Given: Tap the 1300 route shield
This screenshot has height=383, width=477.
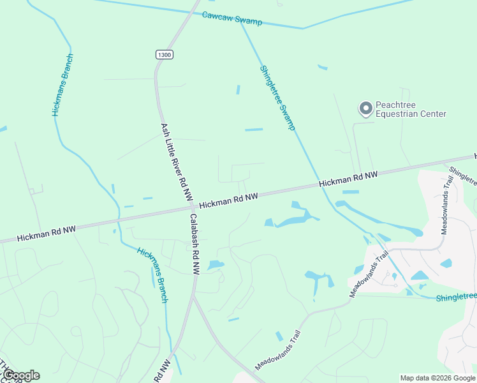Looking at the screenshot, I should [x=164, y=55].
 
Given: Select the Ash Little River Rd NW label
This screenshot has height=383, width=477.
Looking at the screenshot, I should [x=177, y=163].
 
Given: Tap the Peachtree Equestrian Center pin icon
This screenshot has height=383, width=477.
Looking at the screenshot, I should [x=365, y=109].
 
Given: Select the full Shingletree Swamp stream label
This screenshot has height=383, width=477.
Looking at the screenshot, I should [x=277, y=98].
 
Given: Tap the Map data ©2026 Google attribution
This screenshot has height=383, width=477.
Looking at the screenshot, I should [x=437, y=378].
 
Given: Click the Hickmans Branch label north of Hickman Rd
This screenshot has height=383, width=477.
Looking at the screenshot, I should [x=62, y=85].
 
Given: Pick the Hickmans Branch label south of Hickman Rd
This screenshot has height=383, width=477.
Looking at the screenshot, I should [x=153, y=274].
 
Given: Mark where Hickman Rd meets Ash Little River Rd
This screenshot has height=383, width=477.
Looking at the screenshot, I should [x=192, y=208].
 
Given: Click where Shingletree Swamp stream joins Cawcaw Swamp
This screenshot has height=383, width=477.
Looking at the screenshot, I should [x=240, y=22].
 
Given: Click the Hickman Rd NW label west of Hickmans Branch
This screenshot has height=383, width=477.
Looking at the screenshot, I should [x=46, y=233].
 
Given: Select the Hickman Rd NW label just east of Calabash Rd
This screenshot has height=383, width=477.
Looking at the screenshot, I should [x=228, y=201].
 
